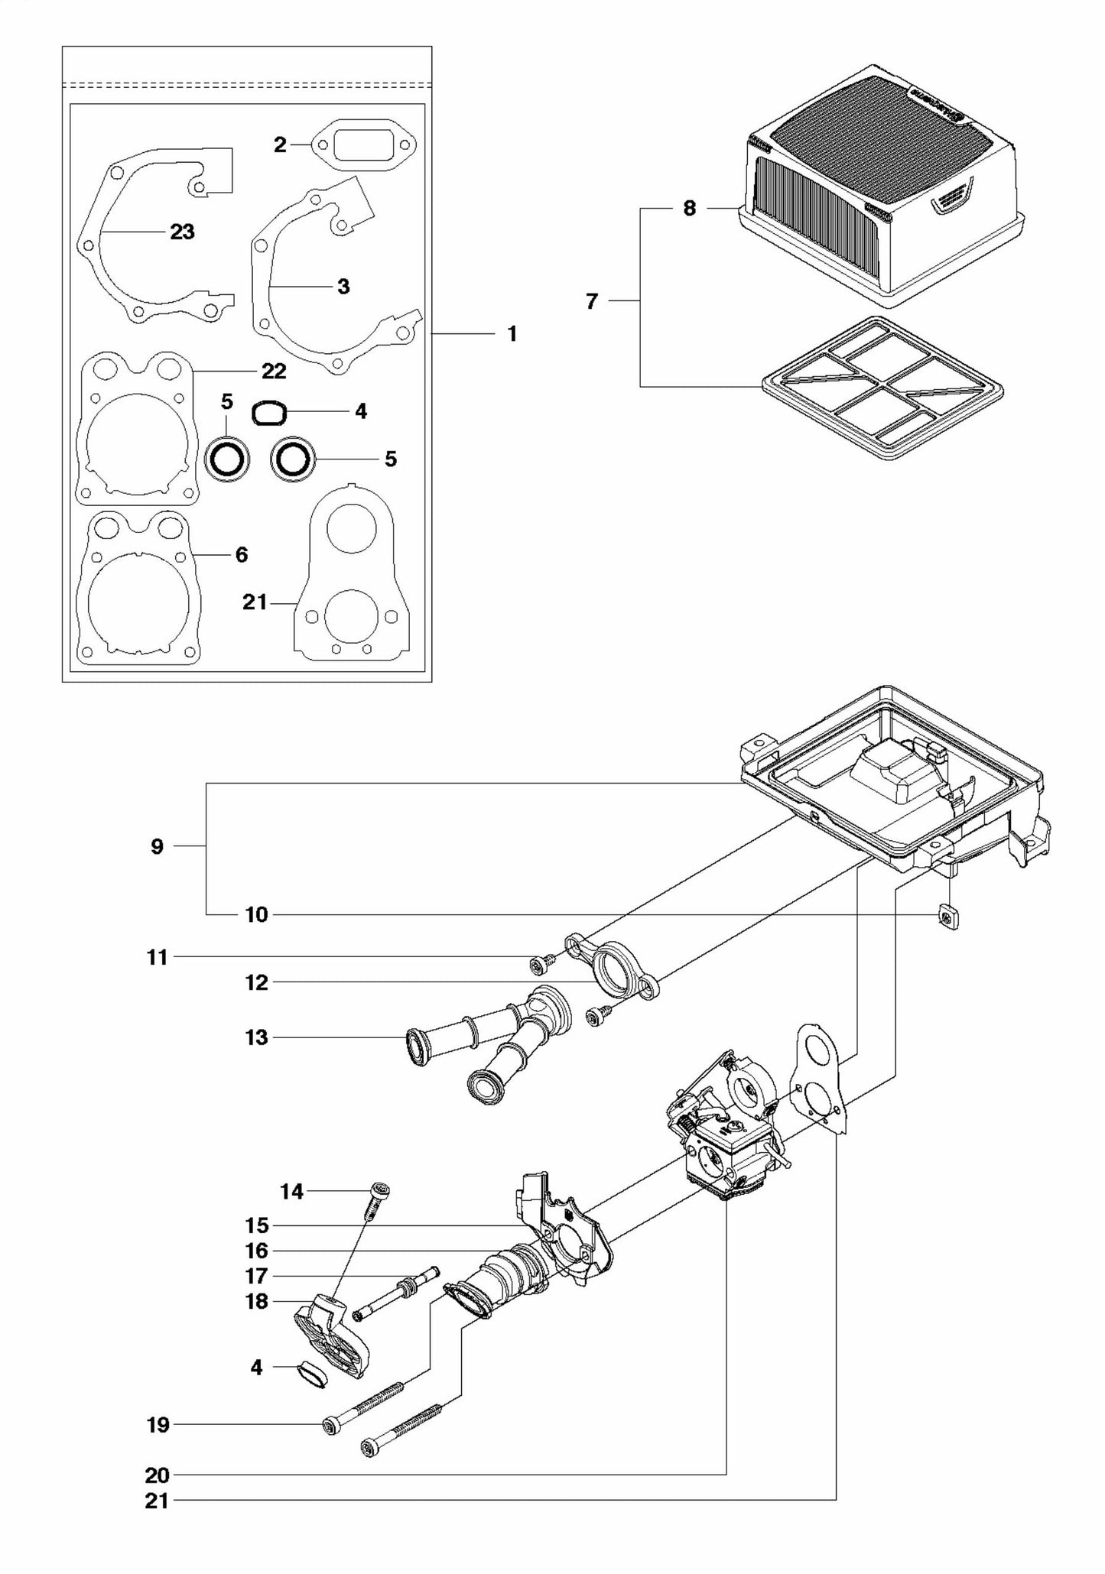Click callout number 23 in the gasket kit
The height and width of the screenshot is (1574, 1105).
pyautogui.click(x=182, y=232)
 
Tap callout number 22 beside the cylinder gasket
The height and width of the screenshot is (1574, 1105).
pyautogui.click(x=274, y=372)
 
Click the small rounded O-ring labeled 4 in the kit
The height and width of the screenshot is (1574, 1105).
pyautogui.click(x=269, y=414)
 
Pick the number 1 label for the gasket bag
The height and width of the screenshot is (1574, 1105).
pyautogui.click(x=512, y=334)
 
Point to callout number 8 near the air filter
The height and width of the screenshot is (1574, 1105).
pyautogui.click(x=689, y=209)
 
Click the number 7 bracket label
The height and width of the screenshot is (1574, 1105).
pyautogui.click(x=591, y=302)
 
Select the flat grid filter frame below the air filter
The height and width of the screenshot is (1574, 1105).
pyautogui.click(x=882, y=388)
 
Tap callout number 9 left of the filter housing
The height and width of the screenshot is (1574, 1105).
pyautogui.click(x=157, y=846)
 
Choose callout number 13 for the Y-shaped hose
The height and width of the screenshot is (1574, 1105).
pyautogui.click(x=257, y=1037)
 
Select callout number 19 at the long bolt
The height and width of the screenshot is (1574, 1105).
pyautogui.click(x=158, y=1424)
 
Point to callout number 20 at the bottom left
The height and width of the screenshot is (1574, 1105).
pyautogui.click(x=158, y=1475)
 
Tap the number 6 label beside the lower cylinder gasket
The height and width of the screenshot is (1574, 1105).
pyautogui.click(x=242, y=555)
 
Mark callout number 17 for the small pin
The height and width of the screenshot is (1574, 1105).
pyautogui.click(x=257, y=1276)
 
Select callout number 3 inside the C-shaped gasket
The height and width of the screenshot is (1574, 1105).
pyautogui.click(x=343, y=287)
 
